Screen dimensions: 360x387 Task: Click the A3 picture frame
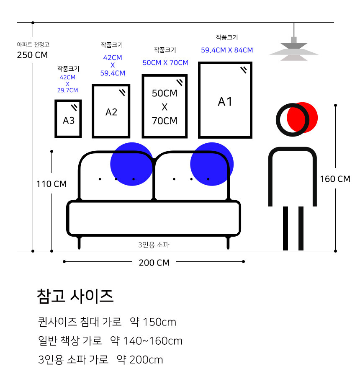(x=68, y=119)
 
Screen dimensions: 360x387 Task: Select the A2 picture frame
(x=111, y=111)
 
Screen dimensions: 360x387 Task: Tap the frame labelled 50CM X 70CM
(x=165, y=106)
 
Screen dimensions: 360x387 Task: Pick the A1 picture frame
(x=225, y=100)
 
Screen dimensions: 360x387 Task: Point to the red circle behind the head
(x=302, y=117)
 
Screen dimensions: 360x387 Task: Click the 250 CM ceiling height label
(x=32, y=55)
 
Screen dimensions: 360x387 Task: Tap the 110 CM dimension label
(x=51, y=184)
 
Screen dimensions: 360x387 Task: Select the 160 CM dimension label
(x=335, y=179)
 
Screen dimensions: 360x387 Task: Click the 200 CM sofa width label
(x=154, y=263)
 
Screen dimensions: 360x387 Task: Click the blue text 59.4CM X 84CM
(x=227, y=50)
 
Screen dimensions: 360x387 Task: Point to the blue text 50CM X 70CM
(x=165, y=63)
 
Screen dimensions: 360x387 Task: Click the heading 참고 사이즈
(x=75, y=296)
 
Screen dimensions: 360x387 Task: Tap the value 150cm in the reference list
(x=159, y=322)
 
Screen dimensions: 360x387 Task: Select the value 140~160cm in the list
(x=152, y=341)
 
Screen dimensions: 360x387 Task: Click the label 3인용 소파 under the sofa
(x=154, y=245)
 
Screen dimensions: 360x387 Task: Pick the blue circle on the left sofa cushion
(x=132, y=164)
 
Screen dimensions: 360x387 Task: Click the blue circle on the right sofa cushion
(x=212, y=164)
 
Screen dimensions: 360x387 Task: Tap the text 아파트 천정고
(x=33, y=44)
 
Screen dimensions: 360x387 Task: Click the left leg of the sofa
(x=79, y=243)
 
